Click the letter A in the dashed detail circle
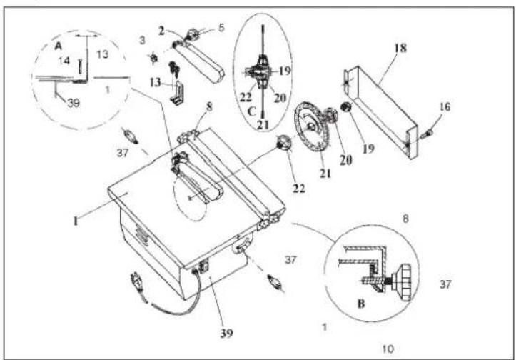(59, 46)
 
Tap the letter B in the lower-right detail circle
(361, 304)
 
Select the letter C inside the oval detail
(252, 111)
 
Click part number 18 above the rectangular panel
(400, 49)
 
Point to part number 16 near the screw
(445, 106)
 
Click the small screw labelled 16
(427, 133)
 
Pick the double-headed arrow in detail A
(87, 34)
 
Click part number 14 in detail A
(64, 61)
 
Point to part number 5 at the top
(221, 28)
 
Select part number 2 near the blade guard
(161, 31)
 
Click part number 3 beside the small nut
(142, 41)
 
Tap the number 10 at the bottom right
(388, 349)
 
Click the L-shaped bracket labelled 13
(176, 91)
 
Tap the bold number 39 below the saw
(226, 334)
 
